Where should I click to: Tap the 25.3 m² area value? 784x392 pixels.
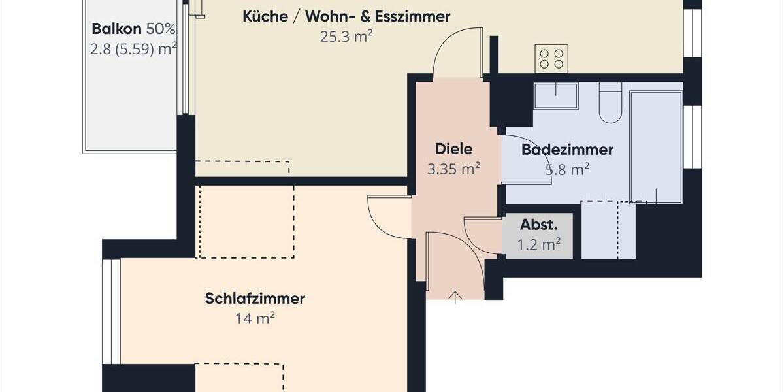346,37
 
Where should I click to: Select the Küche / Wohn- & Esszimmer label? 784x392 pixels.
346,16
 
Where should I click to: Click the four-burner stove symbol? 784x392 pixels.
551,58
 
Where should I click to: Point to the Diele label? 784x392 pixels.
453,149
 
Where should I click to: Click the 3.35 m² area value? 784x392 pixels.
453,169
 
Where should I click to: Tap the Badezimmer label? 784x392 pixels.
567,150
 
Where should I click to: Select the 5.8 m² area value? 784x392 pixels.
567,170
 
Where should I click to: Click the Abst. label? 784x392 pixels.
539,225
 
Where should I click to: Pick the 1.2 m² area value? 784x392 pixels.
539,245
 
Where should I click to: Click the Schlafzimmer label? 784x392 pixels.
255,299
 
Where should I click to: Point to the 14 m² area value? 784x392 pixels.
255,319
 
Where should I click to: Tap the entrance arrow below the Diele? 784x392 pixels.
455,297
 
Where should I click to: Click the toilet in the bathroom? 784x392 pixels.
610,105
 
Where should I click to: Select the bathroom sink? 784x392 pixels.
555,95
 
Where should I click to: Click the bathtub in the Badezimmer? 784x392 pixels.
655,146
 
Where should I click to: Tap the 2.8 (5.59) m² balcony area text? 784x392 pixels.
134,50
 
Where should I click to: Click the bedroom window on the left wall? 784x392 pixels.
112,312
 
